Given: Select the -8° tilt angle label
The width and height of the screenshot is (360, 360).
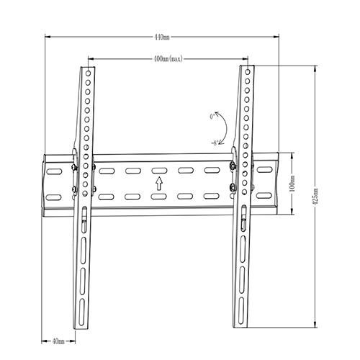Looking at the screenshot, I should [215, 143].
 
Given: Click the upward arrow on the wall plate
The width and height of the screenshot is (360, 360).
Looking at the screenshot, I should [158, 184].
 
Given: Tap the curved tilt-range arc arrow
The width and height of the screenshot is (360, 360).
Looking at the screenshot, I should [225, 129].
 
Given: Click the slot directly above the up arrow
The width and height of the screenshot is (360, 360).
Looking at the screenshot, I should [158, 171].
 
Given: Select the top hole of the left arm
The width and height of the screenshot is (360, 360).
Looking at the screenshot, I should [88, 73].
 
